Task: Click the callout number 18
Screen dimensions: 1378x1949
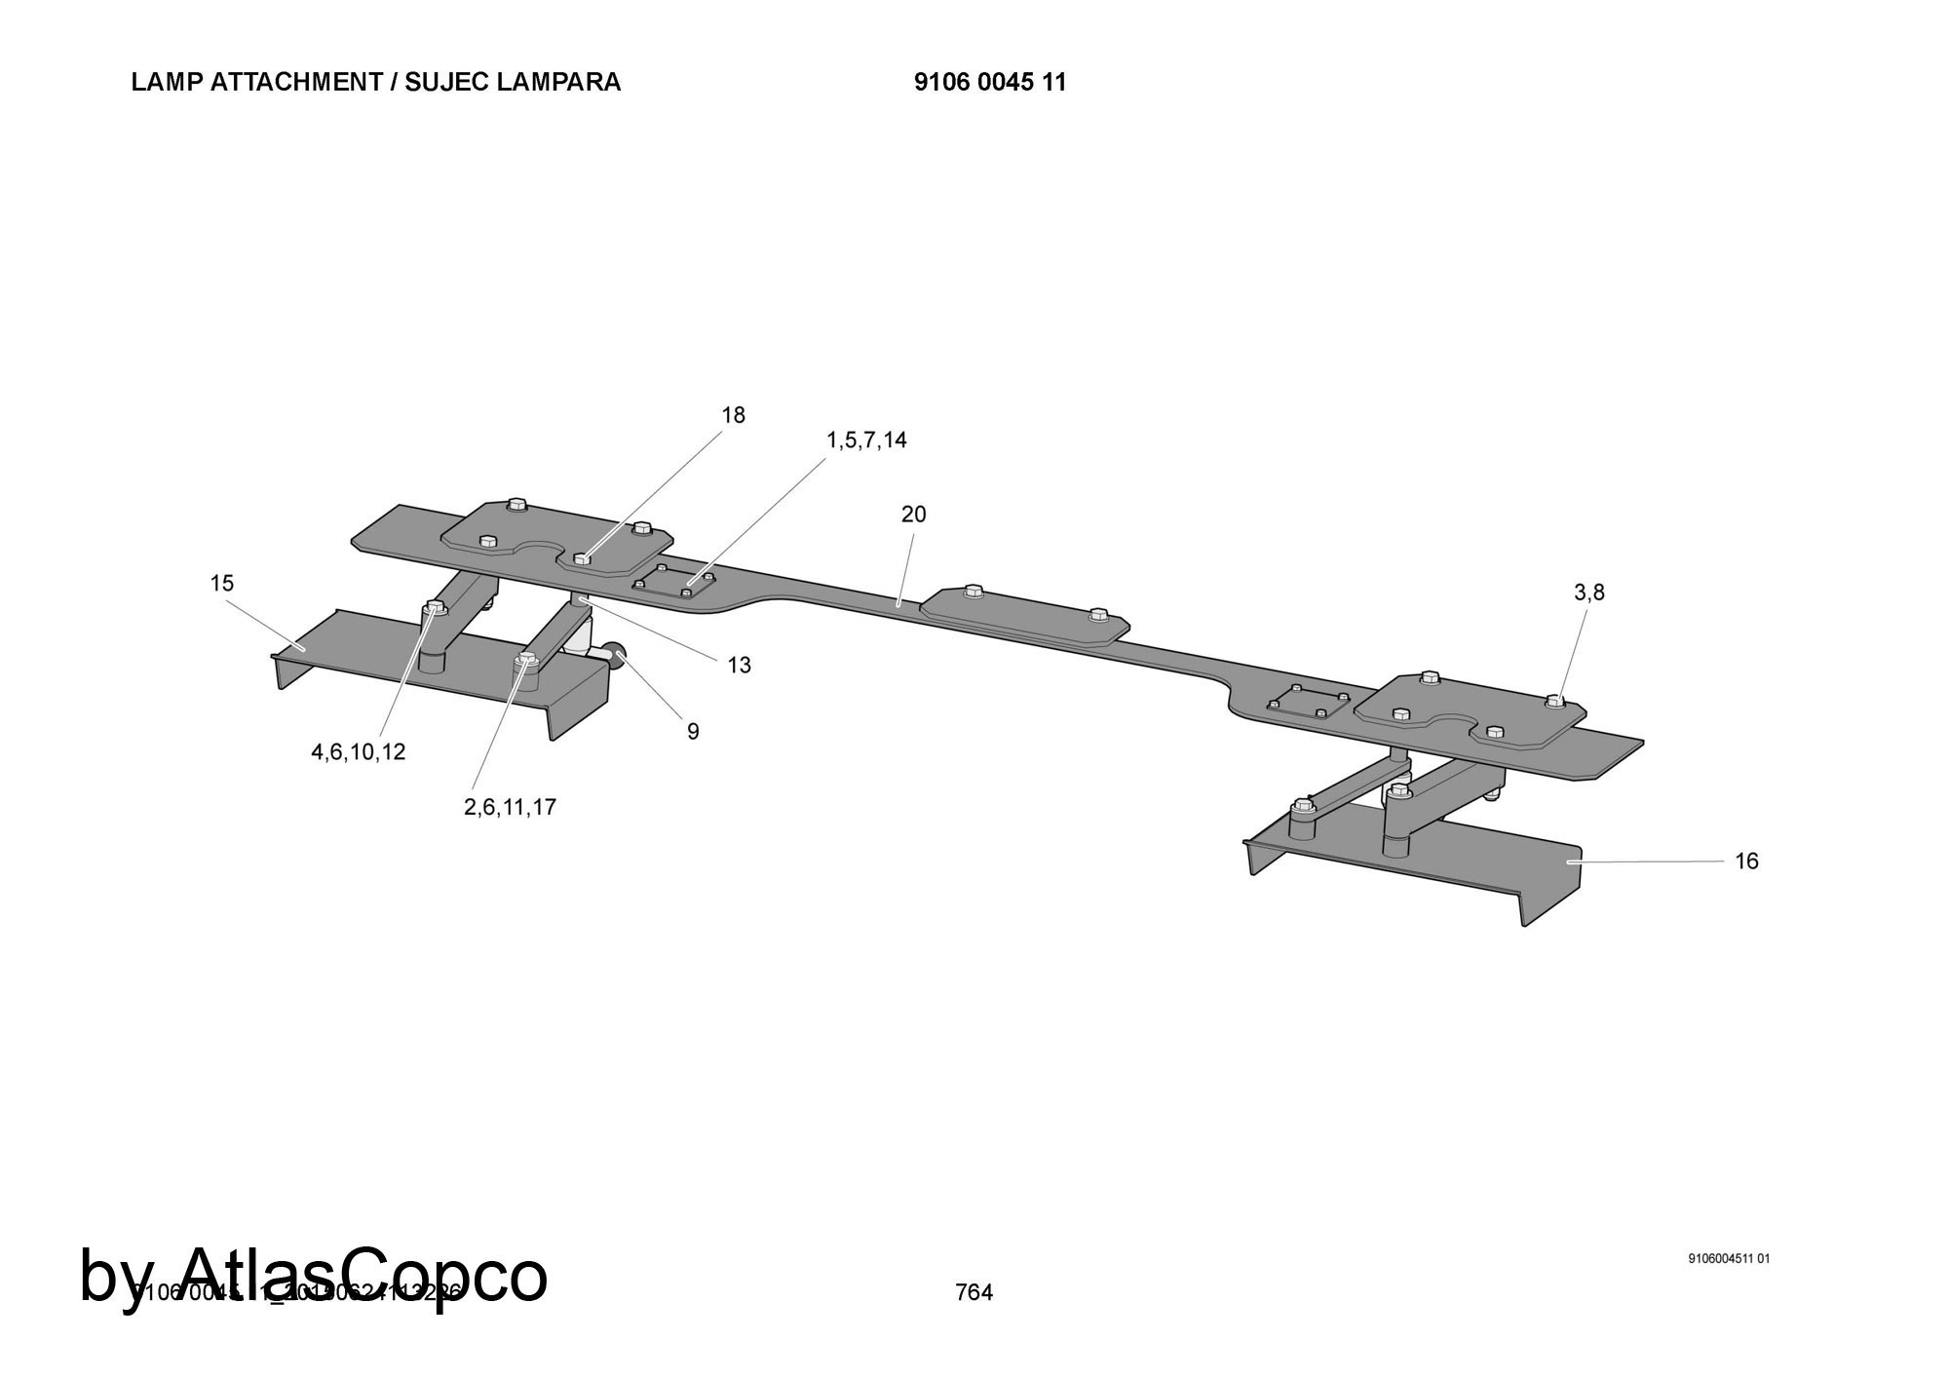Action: (733, 415)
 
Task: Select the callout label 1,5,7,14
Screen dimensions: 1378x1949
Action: (866, 440)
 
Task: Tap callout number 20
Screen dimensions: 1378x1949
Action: (913, 515)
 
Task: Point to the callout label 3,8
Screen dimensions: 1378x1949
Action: (1588, 593)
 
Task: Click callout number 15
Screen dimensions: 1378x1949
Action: (222, 583)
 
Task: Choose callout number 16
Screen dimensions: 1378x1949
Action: (1746, 861)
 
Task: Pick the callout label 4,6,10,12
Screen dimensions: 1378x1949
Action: (358, 752)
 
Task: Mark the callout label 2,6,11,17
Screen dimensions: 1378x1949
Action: (510, 807)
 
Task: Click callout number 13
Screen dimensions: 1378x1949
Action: (739, 666)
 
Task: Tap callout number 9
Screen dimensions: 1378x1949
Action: (693, 732)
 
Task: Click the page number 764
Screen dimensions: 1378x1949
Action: (974, 1292)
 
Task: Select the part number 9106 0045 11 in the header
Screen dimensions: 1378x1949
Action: (990, 82)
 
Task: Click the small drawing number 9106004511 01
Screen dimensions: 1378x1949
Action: (1729, 1258)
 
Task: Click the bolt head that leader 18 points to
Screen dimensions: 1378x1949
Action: (582, 558)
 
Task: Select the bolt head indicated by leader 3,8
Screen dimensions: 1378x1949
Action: (1554, 700)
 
